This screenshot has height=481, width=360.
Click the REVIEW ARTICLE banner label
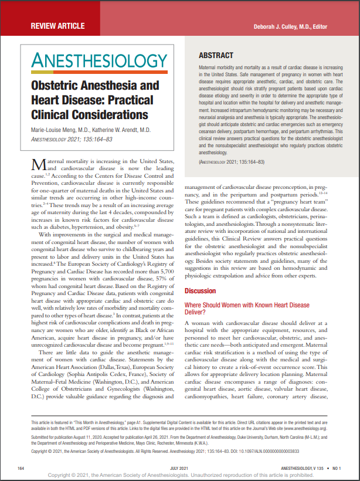point(57,26)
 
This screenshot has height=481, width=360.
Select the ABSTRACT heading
point(216,56)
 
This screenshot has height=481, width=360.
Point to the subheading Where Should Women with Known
point(247,304)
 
